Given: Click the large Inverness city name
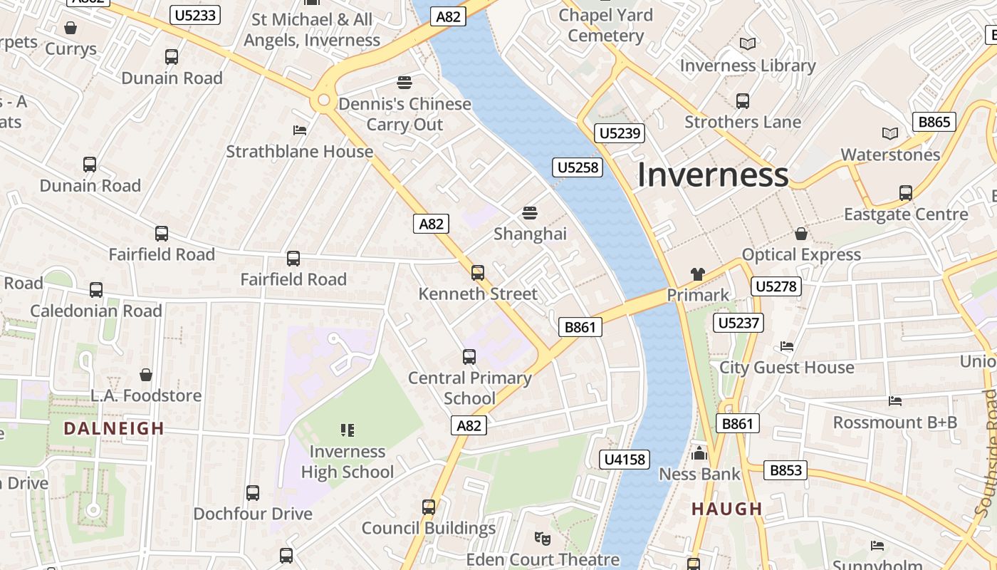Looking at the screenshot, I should [x=712, y=175].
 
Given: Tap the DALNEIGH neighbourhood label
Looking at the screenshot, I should [x=114, y=428].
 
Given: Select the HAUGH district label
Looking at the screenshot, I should [x=727, y=509].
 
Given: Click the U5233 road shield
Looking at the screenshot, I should [x=195, y=15].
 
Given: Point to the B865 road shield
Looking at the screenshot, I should [x=934, y=122].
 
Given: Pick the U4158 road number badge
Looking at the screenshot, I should [x=625, y=460].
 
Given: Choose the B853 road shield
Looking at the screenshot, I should [x=785, y=470].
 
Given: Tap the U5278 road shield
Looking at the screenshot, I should [x=776, y=286].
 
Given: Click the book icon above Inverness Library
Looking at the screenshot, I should [x=747, y=44].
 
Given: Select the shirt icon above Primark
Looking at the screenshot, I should [x=697, y=274].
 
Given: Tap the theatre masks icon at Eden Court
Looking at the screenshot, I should [x=543, y=538].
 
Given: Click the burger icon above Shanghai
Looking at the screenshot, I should [x=529, y=212].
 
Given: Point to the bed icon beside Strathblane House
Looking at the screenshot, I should [x=300, y=130].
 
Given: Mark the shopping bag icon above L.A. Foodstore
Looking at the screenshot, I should [x=146, y=375].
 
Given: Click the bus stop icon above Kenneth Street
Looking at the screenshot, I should [x=478, y=272].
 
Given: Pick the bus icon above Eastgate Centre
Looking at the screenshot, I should [x=906, y=192].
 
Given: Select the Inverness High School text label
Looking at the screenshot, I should [x=347, y=462].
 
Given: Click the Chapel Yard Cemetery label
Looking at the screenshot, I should [x=605, y=25].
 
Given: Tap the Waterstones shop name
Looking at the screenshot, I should [x=890, y=155].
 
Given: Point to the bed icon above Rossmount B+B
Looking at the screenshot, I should [x=895, y=401].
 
